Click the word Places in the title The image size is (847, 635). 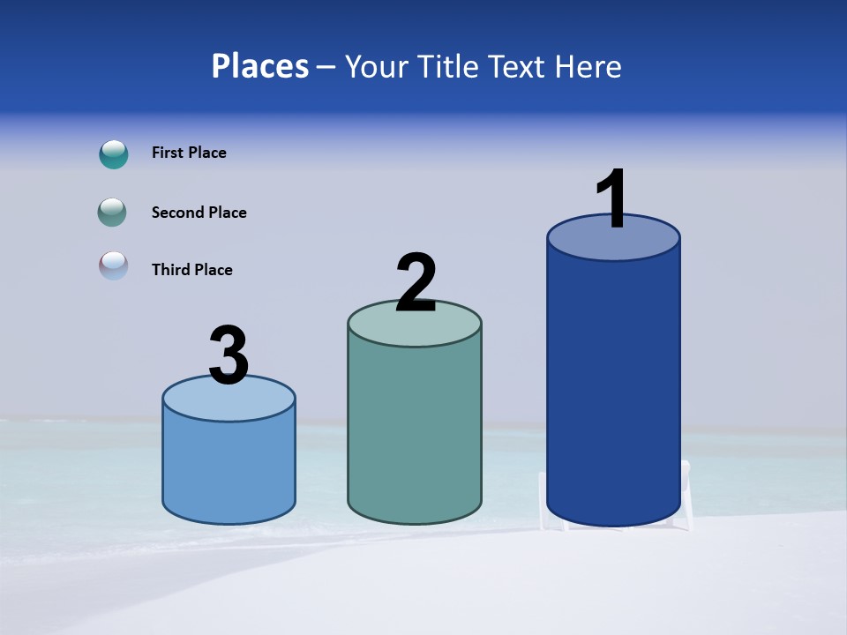pos(260,66)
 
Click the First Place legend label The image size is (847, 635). pos(189,153)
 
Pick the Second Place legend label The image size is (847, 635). pos(199,213)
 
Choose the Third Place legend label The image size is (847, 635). pos(191,270)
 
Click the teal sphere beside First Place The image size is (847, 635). pos(114,154)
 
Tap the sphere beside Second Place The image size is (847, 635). pos(113,213)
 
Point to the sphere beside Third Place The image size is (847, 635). pos(113,265)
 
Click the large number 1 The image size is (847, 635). pos(612,199)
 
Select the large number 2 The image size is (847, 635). pos(416,283)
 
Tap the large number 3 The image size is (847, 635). pos(229,355)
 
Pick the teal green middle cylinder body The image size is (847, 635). pos(415,432)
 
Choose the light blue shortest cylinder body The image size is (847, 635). pos(229,467)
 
